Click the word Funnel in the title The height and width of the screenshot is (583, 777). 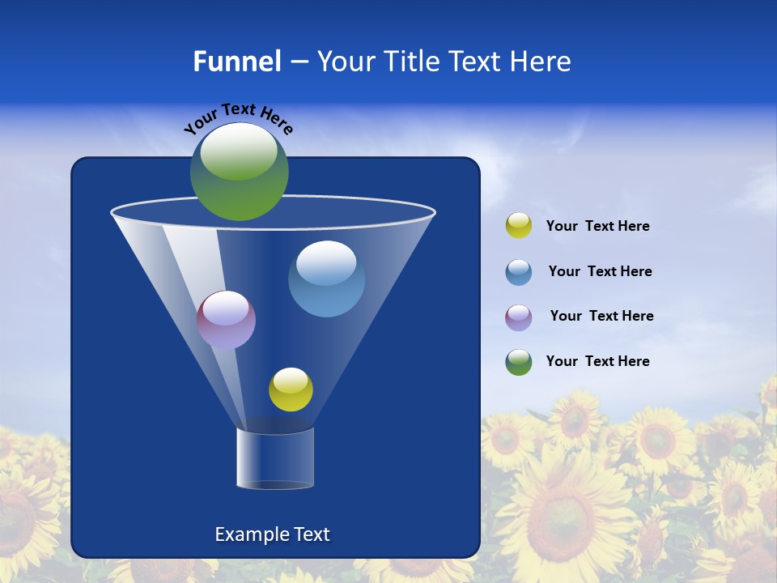[x=236, y=62]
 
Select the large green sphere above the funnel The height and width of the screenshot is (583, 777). [x=239, y=172]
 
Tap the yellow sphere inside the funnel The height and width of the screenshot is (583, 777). [x=291, y=389]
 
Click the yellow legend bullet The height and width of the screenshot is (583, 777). [x=518, y=225]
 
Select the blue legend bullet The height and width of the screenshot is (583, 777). [x=518, y=272]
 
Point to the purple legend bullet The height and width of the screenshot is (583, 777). [x=518, y=317]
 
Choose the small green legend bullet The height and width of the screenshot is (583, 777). [x=518, y=362]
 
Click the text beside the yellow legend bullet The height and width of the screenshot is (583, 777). [x=597, y=226]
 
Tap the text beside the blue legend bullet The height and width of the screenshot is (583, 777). [x=600, y=271]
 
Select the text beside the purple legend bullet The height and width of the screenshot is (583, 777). [x=601, y=316]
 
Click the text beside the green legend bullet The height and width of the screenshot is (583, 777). [x=597, y=361]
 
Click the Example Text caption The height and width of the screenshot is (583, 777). [x=272, y=534]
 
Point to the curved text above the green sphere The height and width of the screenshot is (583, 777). [x=238, y=117]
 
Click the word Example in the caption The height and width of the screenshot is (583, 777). [x=245, y=534]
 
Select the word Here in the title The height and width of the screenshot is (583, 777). [x=541, y=62]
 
